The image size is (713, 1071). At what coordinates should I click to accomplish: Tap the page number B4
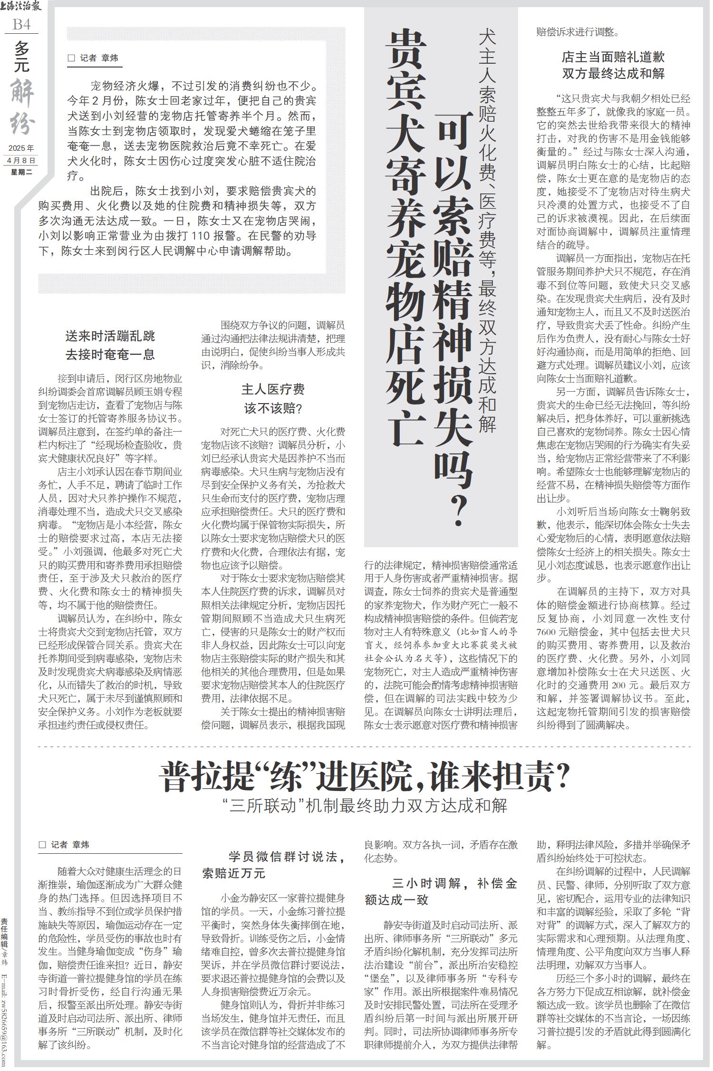[21, 24]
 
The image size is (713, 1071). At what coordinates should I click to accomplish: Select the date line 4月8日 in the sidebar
[21, 161]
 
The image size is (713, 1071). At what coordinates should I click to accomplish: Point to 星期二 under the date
[22, 172]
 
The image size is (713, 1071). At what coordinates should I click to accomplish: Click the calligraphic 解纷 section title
[22, 107]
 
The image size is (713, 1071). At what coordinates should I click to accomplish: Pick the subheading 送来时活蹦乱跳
[110, 337]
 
